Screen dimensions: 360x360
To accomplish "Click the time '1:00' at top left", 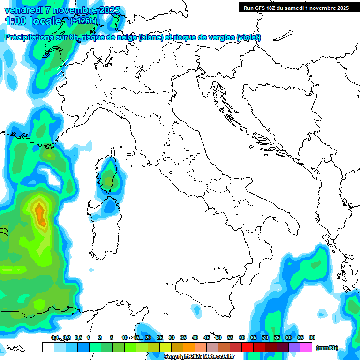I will [15, 21].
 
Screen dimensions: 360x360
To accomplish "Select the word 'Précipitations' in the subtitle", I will [31, 37].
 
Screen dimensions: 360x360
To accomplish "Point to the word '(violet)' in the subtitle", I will [249, 37].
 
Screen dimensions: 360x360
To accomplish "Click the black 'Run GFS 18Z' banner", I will [295, 7].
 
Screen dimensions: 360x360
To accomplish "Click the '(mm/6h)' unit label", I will [327, 348].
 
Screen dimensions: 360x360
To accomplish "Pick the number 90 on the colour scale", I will [312, 337].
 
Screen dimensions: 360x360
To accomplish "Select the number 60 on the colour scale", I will [242, 337].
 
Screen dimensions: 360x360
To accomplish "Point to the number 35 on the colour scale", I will [183, 337].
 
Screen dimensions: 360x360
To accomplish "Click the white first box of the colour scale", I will [48, 347].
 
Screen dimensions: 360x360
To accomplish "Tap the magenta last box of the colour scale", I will [306, 347].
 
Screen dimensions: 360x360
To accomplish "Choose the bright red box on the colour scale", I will [247, 347].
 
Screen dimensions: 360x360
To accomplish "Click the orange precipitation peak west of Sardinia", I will [40, 213].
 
